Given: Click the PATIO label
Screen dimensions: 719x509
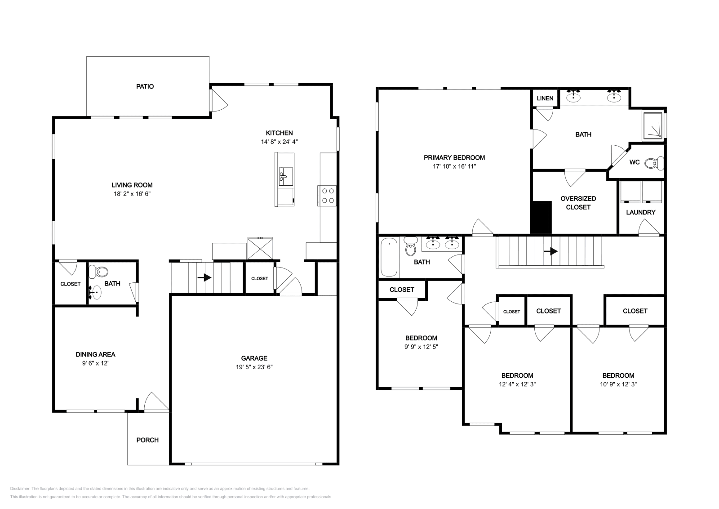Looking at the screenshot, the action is tap(145, 86).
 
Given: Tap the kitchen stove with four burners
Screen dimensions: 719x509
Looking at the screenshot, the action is tap(327, 196).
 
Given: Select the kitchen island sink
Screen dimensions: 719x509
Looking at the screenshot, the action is tap(286, 176).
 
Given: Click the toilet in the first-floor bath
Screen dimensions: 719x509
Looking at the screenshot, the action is tap(98, 272).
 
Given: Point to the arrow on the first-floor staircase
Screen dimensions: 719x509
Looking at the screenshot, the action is tap(204, 277).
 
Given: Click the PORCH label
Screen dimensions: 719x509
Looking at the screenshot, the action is tap(147, 440).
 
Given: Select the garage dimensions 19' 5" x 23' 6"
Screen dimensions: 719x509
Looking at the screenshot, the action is tap(254, 367).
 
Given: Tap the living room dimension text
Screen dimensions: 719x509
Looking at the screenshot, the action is tap(132, 194).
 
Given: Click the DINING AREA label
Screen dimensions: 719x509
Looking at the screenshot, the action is tap(95, 354).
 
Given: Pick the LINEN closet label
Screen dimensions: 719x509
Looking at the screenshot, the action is tap(545, 98).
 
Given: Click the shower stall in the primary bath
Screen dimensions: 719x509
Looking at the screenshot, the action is tap(652, 126).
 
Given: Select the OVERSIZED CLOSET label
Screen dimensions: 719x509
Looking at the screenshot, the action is tap(578, 203).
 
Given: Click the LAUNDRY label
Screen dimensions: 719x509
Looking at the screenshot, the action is tap(641, 212).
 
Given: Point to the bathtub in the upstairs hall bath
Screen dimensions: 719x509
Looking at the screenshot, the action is tap(389, 257).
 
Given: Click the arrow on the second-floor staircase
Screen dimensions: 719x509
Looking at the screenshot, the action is tap(551, 251).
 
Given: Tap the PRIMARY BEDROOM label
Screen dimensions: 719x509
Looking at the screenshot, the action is tap(454, 157).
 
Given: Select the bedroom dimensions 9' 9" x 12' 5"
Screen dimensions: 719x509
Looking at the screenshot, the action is tap(421, 347).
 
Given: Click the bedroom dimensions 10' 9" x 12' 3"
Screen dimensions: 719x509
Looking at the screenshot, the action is tap(618, 384).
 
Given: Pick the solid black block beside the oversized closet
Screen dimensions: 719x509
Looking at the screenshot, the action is tap(541, 218).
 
